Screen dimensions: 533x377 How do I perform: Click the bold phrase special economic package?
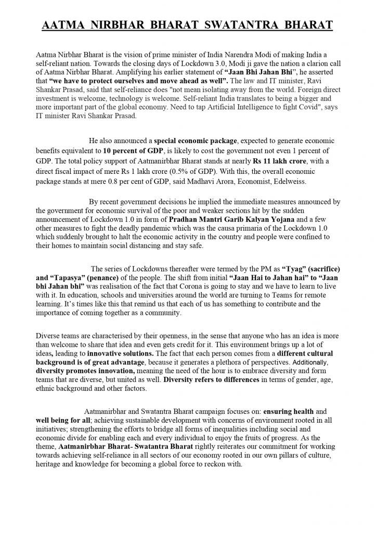point(194,141)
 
